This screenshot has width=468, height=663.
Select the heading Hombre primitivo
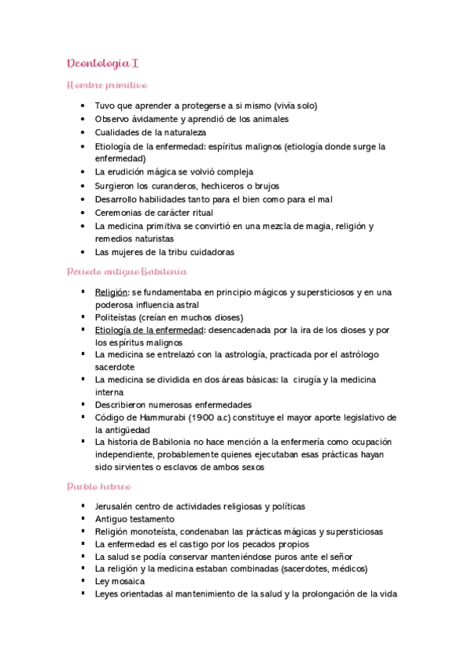107,84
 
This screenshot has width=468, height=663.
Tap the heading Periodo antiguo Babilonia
127,271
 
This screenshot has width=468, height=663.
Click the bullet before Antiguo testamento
82,518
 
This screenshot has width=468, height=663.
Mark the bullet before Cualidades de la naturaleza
82,132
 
